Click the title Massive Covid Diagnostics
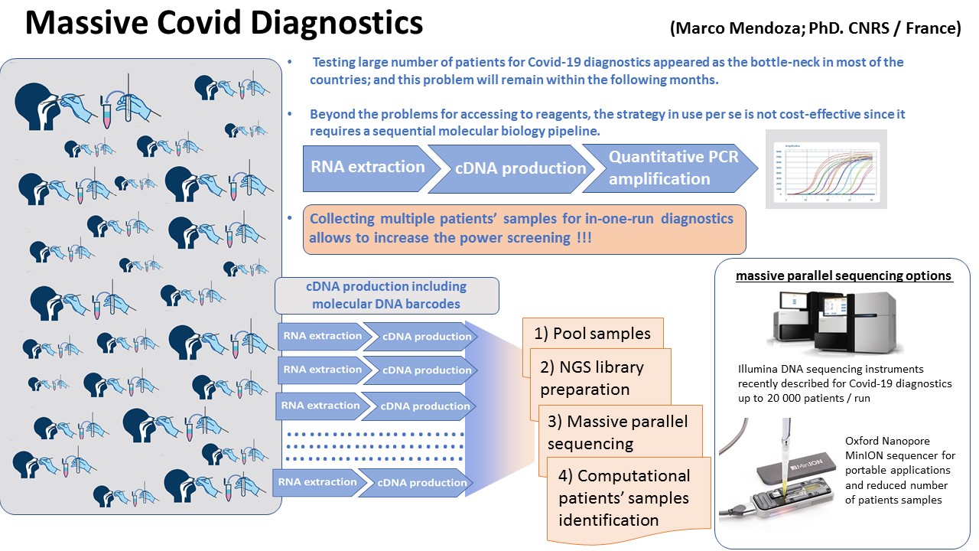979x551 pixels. click(223, 24)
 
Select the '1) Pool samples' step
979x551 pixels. click(592, 334)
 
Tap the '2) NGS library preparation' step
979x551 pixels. click(600, 378)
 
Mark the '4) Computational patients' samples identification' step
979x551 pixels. click(624, 497)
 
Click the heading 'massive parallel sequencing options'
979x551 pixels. click(844, 275)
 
